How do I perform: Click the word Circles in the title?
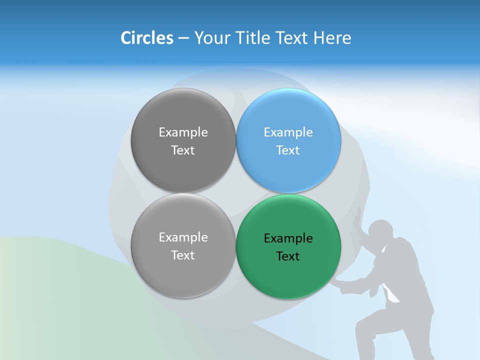coord(147,38)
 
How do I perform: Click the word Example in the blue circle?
coord(288,132)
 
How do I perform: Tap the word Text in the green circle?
coord(288,256)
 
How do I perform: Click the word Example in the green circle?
coord(288,238)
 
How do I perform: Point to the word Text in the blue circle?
coord(288,150)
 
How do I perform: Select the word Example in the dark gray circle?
coord(183,132)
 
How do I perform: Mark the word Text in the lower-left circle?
coord(183,255)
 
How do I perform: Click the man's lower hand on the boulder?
coord(340,284)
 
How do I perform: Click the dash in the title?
coord(183,38)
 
